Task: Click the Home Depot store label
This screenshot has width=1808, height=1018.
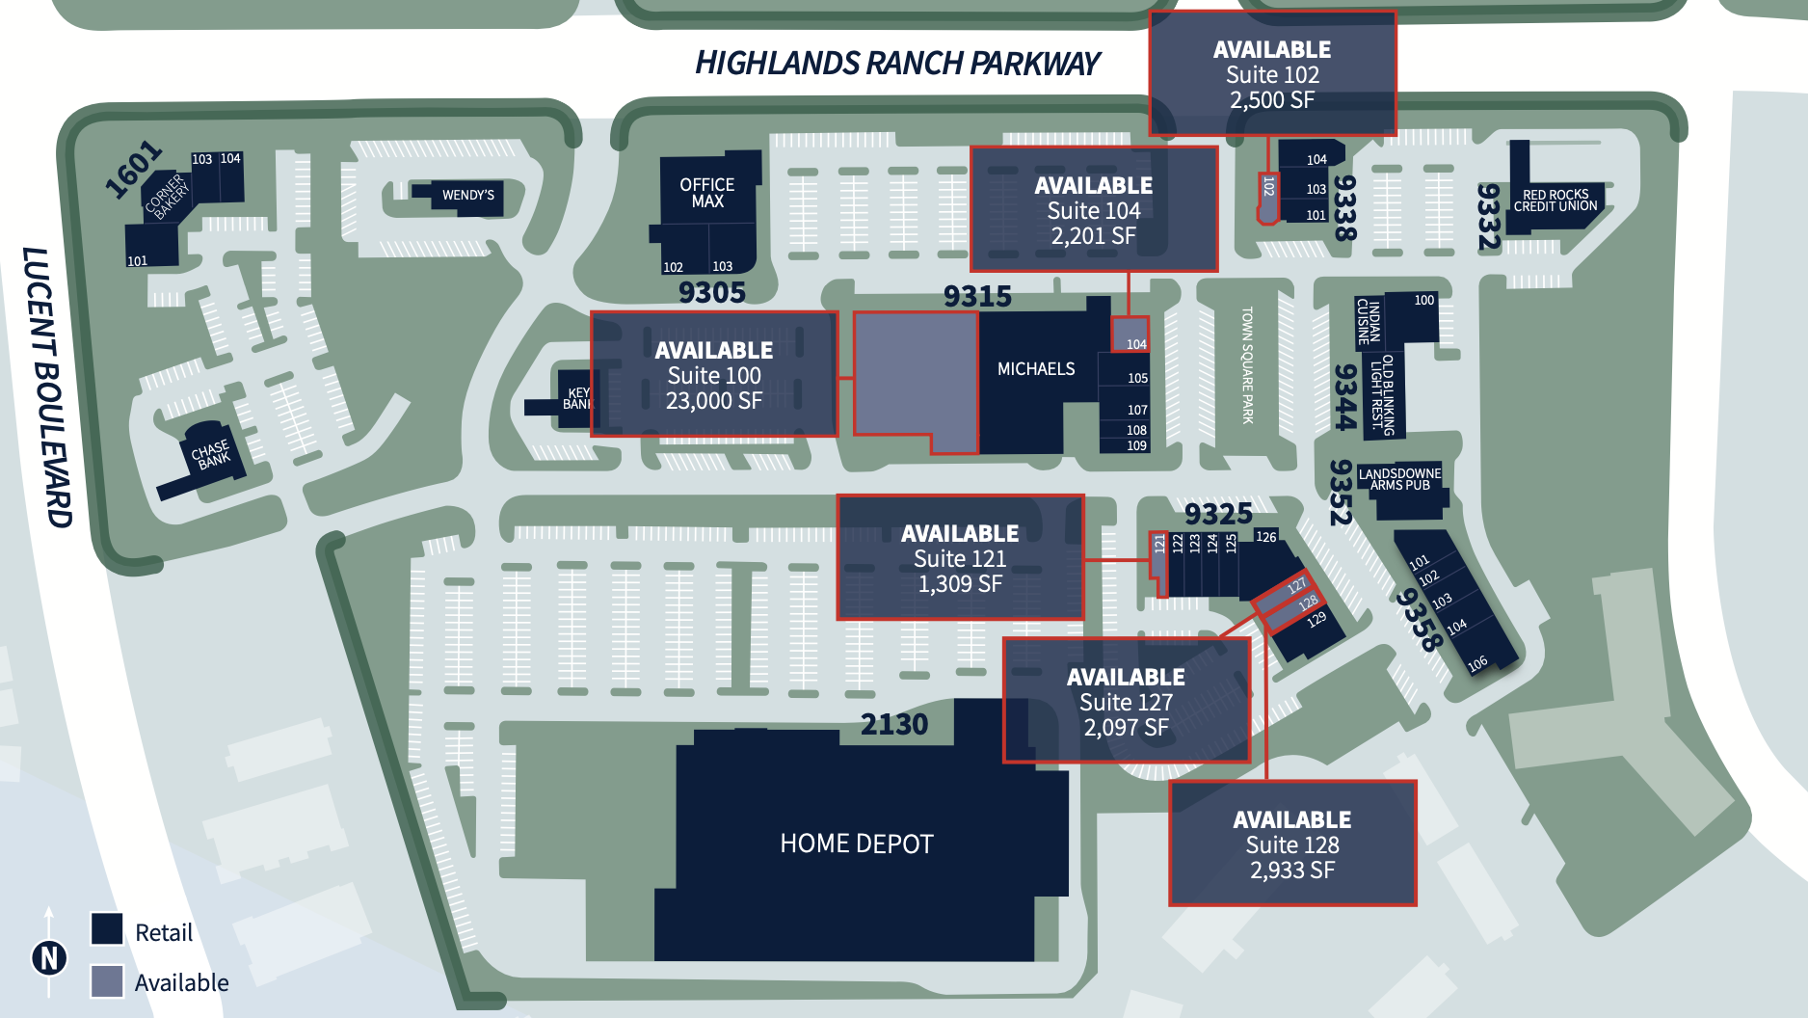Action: click(857, 844)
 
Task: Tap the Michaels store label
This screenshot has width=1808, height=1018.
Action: click(1036, 369)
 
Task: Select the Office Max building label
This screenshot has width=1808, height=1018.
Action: click(706, 193)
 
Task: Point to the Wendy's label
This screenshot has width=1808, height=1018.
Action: click(468, 195)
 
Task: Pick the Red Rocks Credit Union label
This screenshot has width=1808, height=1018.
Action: click(1555, 201)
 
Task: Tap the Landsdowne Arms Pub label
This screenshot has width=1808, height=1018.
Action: click(1400, 479)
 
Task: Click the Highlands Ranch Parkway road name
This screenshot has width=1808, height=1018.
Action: click(897, 64)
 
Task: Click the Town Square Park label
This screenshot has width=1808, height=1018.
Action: click(1247, 365)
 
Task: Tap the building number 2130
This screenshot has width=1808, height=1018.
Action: click(894, 724)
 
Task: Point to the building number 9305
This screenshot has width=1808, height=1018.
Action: click(712, 292)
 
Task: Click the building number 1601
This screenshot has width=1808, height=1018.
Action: click(133, 169)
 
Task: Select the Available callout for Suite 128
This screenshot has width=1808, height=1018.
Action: click(1292, 844)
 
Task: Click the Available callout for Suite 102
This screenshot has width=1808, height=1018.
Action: click(1272, 73)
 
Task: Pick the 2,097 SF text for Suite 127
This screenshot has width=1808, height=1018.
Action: click(1126, 728)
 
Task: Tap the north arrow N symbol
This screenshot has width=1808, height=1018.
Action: click(49, 958)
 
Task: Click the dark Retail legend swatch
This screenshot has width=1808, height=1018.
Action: click(107, 929)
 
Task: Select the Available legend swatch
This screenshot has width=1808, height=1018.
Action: click(107, 981)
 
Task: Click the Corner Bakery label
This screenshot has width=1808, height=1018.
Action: click(168, 196)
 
